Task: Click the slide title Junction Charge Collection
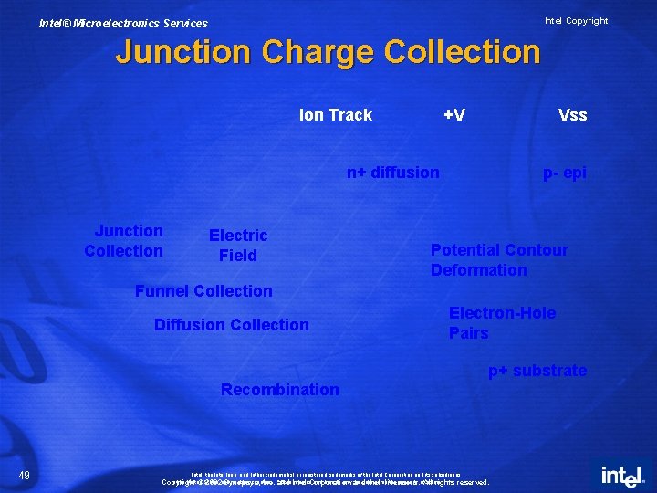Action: [x=328, y=51]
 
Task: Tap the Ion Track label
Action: [x=336, y=115]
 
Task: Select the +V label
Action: [x=454, y=115]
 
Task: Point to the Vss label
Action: [x=572, y=115]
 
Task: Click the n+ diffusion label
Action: [x=393, y=173]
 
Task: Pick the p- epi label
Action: [x=565, y=173]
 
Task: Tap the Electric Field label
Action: [x=238, y=246]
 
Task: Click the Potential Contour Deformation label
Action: [x=499, y=260]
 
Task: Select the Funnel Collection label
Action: [x=203, y=291]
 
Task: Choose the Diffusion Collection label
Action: [x=232, y=325]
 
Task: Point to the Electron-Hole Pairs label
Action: [x=502, y=323]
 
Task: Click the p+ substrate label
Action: [x=537, y=371]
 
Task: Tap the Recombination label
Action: [x=280, y=390]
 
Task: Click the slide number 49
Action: [x=25, y=474]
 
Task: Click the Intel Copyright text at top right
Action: [x=576, y=21]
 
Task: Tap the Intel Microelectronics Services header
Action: [x=123, y=24]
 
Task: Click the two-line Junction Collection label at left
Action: [x=124, y=241]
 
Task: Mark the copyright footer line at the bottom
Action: [x=326, y=482]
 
